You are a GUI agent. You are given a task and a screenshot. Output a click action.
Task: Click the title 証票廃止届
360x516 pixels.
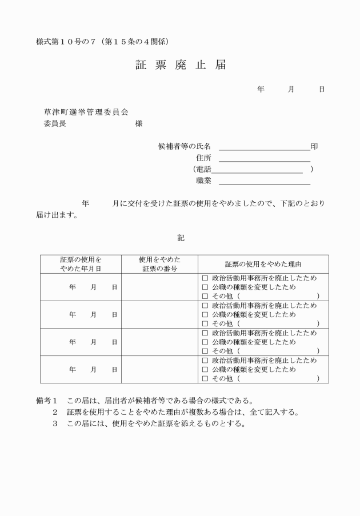180,65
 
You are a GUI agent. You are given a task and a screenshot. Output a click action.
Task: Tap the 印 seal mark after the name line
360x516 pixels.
314,146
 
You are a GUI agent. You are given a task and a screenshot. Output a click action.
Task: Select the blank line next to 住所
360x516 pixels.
264,158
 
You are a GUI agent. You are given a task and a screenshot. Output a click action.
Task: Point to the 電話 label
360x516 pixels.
203,169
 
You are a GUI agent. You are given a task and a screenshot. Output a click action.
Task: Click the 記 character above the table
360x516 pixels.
181,238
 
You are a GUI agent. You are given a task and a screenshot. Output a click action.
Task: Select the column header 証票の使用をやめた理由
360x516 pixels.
263,265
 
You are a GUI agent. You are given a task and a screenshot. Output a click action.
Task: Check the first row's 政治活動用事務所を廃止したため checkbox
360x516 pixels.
205,278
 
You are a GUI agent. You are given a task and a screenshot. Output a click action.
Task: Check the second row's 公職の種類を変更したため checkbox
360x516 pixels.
205,314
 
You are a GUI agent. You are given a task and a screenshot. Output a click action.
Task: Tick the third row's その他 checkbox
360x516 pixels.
205,351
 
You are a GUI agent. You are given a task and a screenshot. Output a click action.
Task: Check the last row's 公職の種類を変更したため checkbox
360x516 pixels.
205,369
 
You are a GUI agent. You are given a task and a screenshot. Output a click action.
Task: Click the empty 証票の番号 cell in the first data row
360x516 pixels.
159,287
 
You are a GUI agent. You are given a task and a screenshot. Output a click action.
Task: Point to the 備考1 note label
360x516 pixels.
48,400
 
